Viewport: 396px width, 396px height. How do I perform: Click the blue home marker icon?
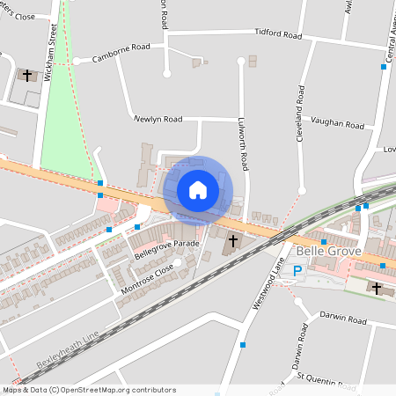click(198, 189)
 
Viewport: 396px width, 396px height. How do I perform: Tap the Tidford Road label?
click(278, 35)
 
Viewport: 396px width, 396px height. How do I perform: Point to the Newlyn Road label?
click(158, 118)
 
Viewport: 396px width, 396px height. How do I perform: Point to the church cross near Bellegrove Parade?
click(234, 240)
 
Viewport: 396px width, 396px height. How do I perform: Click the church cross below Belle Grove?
click(377, 288)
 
